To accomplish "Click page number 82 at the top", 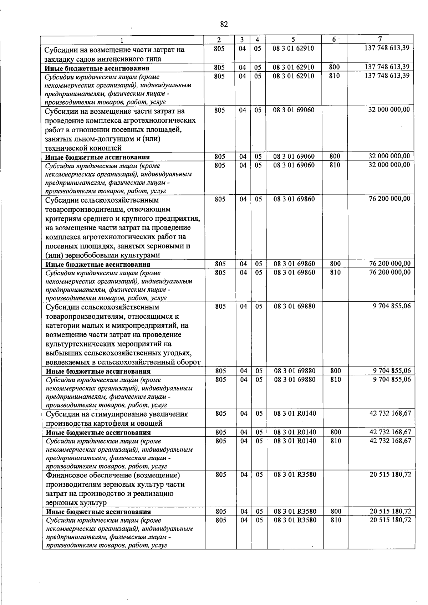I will pos(224,24).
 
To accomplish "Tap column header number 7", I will pos(380,39).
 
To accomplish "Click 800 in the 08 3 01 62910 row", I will pos(334,67).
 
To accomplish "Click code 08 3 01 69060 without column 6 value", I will pos(294,110).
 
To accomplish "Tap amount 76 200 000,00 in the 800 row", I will pos(390,264).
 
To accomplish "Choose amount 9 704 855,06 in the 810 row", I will pos(392,379).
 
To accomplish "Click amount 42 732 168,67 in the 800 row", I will pos(390,432).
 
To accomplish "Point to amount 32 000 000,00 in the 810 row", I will pos(389,165).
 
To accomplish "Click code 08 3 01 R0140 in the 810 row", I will pos(295,441).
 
